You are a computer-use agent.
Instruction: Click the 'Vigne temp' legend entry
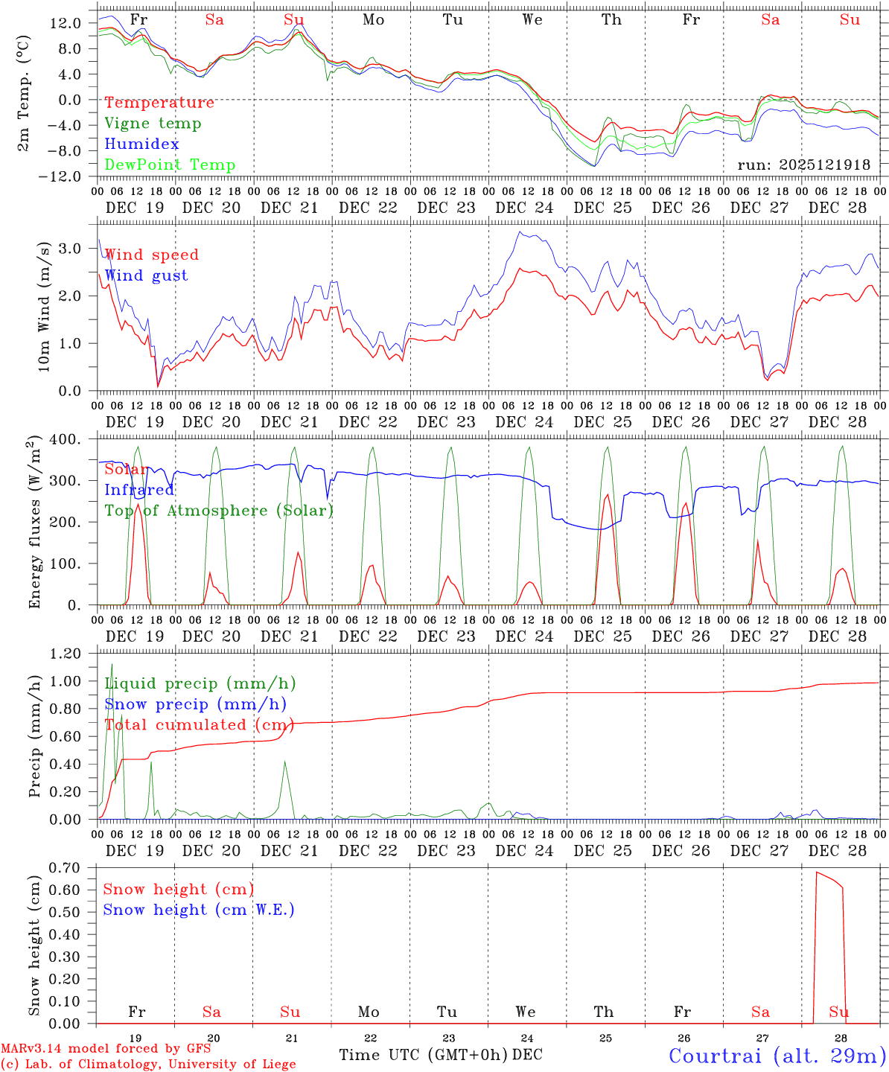pos(153,124)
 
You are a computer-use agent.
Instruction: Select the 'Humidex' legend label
pos(141,144)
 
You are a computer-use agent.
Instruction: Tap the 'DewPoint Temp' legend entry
pos(170,165)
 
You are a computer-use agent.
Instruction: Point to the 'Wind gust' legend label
pos(146,275)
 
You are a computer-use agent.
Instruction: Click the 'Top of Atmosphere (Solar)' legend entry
pos(219,511)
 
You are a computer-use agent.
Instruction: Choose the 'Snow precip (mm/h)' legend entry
pos(195,704)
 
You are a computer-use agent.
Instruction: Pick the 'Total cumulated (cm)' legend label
pos(199,725)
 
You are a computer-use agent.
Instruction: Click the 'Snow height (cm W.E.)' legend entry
pos(199,910)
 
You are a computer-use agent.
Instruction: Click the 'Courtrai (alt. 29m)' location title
pos(777,1056)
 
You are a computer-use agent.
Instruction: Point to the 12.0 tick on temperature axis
pos(66,23)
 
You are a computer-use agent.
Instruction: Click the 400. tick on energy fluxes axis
pos(66,439)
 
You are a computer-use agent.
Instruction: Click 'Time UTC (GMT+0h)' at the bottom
pos(423,1055)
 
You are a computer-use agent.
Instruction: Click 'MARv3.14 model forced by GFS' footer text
pos(106,1048)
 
